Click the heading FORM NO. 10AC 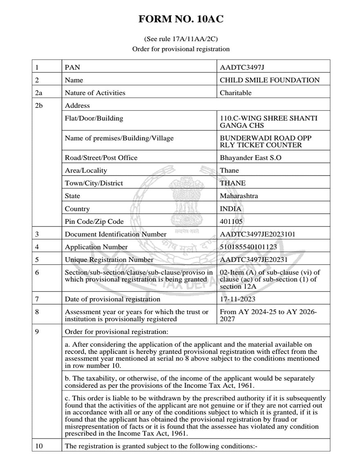tap(180, 19)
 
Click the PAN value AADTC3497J tap(245, 67)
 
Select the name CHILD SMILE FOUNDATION tap(270, 80)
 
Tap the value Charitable tap(236, 93)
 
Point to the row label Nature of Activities tap(95, 93)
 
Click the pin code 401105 tap(231, 222)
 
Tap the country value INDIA tap(230, 209)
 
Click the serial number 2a tap(39, 93)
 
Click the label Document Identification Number tap(116, 234)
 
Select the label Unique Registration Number tap(109, 260)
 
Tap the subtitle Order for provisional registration tap(180, 49)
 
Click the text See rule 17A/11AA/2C tap(180, 39)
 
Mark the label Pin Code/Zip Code tap(94, 222)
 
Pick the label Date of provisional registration tap(107, 299)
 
